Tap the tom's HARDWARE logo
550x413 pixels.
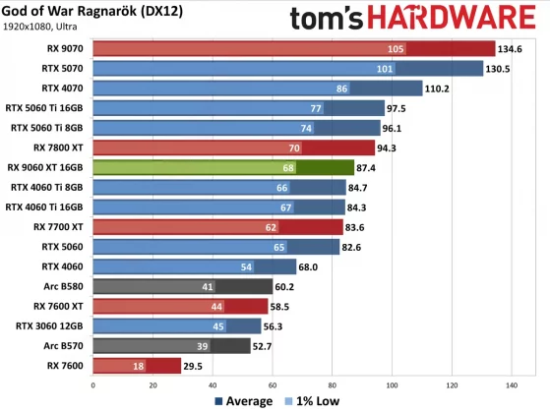coord(418,17)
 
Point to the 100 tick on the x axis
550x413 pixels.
coord(393,384)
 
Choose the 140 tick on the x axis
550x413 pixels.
coord(511,384)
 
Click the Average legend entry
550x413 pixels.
coord(241,401)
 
